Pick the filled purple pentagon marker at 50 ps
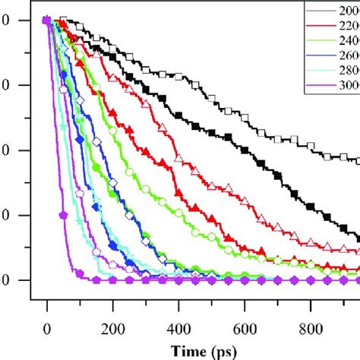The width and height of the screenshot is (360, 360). click(x=64, y=216)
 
